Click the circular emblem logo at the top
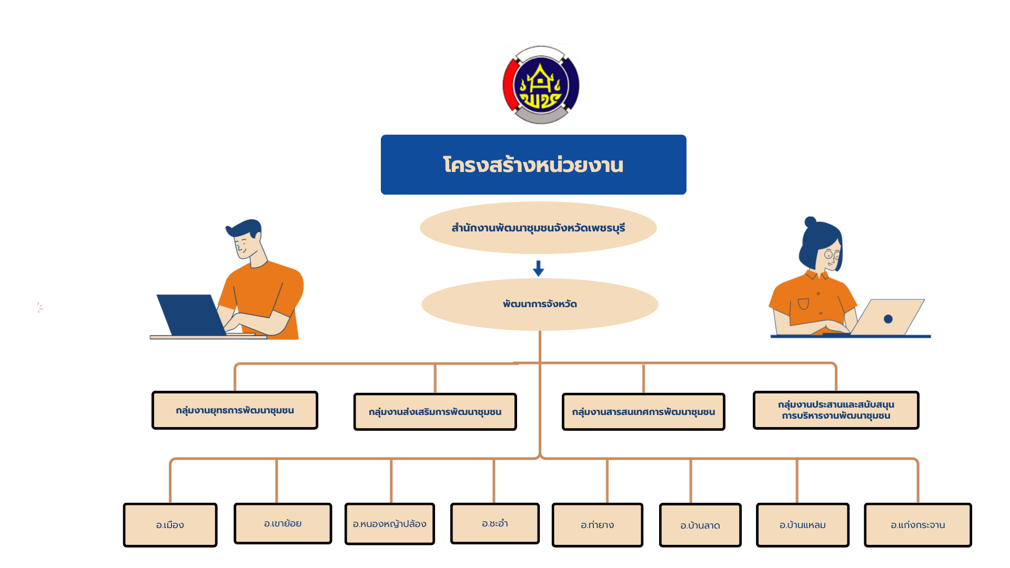click(541, 85)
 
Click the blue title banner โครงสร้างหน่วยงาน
click(533, 165)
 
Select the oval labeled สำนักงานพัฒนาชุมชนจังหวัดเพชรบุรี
click(538, 228)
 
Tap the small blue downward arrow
click(538, 268)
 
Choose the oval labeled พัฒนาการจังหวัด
click(540, 304)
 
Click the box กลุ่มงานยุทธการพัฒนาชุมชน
click(235, 410)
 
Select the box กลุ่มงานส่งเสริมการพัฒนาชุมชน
click(435, 412)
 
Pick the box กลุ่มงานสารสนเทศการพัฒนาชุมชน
click(643, 412)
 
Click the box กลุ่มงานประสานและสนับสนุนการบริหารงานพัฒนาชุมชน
click(836, 410)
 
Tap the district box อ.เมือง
click(170, 525)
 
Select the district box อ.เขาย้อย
click(283, 523)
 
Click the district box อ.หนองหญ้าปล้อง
click(390, 524)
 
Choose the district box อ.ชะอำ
click(495, 523)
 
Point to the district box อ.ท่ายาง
click(598, 525)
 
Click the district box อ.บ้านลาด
click(700, 525)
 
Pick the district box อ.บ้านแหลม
click(803, 525)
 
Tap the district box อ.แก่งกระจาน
click(918, 525)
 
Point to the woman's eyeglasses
click(832, 255)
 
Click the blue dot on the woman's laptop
click(888, 319)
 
